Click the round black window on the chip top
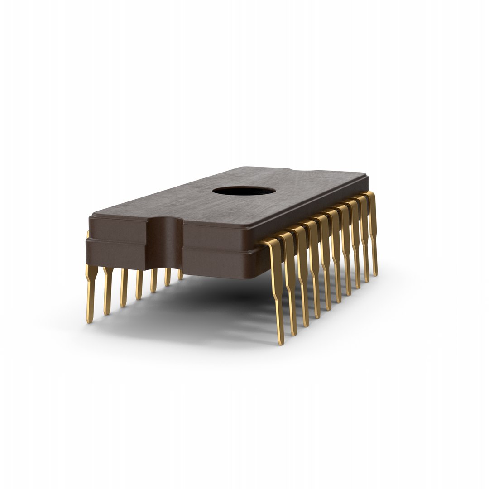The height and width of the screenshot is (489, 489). click(x=244, y=191)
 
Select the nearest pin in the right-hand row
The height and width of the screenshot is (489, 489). click(x=276, y=290)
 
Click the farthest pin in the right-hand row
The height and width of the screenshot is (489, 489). click(x=372, y=231)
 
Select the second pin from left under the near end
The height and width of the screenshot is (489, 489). click(x=107, y=290)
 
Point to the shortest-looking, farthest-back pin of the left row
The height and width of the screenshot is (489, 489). click(x=180, y=274)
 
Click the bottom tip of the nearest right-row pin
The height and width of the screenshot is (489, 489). click(x=281, y=342)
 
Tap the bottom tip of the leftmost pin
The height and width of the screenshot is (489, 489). click(x=90, y=321)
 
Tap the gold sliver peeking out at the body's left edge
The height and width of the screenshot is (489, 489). click(x=87, y=234)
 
